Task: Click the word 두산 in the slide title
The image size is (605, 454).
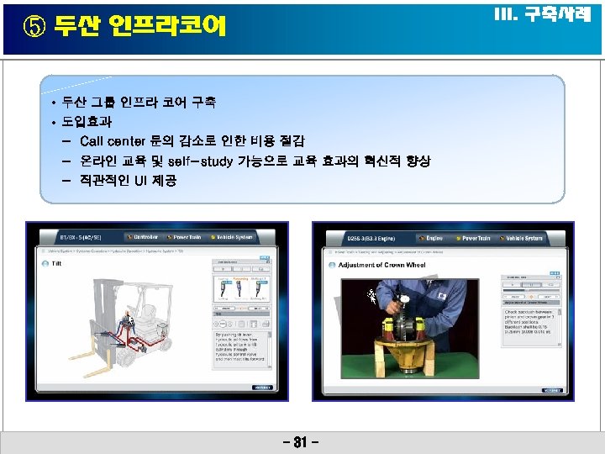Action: pos(73,28)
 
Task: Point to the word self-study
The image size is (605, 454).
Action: pos(199,160)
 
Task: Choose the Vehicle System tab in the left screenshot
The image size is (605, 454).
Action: pos(233,238)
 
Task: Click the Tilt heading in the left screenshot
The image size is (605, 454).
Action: pos(56,263)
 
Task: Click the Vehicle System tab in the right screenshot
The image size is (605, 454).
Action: pos(523,238)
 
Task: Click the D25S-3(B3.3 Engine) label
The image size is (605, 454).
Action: pos(370,238)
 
